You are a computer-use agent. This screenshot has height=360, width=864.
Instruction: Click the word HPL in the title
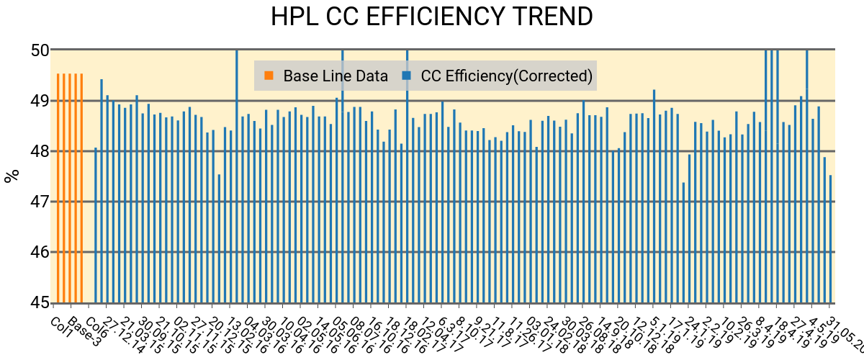(x=294, y=17)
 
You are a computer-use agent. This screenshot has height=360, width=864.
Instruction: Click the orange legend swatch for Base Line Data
(x=269, y=76)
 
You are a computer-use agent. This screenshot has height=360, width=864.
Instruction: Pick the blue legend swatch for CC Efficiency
(x=407, y=76)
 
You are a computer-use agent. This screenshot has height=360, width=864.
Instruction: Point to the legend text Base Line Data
(x=336, y=76)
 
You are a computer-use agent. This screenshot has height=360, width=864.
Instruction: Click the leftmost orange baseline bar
(x=58, y=187)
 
